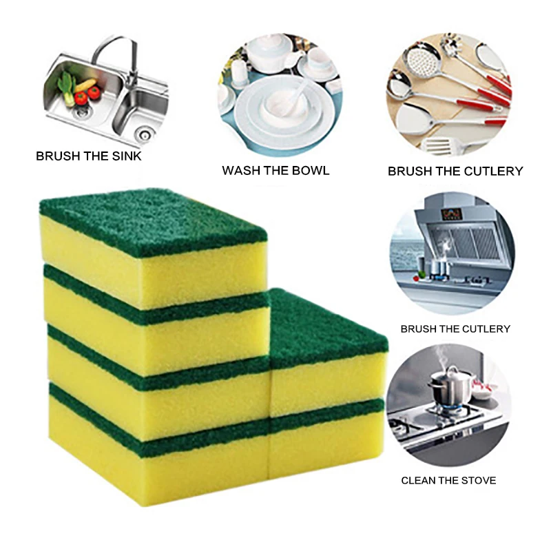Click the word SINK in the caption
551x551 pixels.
tap(125, 156)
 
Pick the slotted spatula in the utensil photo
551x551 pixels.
tap(441, 145)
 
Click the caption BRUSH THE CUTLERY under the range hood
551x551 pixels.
tap(455, 329)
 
